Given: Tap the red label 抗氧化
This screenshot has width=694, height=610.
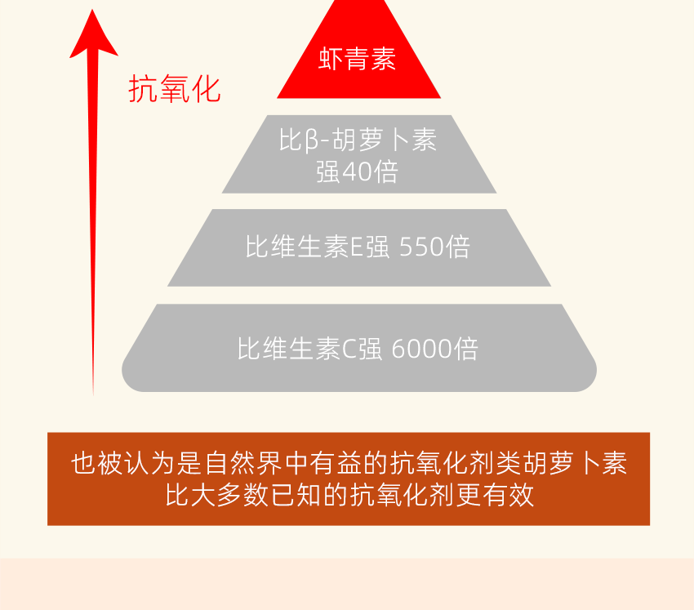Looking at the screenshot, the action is point(175,89).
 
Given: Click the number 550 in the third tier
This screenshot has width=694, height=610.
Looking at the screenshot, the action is point(420,247).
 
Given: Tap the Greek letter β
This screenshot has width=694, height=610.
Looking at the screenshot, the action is point(312,140).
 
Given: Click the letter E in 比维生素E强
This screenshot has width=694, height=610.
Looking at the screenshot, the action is point(356,247).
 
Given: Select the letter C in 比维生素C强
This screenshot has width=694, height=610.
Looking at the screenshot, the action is point(349,350).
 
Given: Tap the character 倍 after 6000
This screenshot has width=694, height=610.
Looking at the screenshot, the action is point(465,349).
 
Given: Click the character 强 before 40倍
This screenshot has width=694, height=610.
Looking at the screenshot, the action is point(328,172).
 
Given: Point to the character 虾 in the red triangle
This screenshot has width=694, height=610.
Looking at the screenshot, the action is point(331,59).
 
